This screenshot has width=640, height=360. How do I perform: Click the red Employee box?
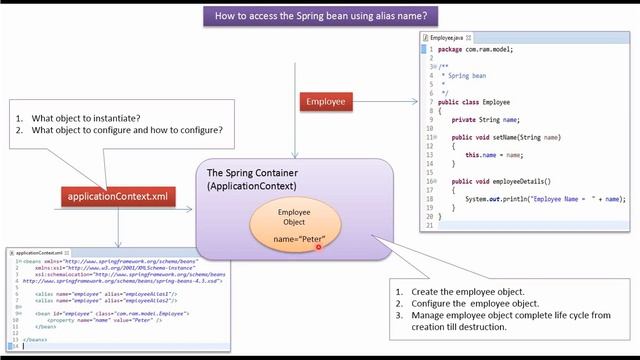[x=327, y=101]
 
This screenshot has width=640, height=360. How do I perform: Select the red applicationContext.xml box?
[x=120, y=196]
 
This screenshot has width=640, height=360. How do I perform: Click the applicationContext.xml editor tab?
[x=37, y=253]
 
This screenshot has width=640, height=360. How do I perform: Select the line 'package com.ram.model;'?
[x=477, y=48]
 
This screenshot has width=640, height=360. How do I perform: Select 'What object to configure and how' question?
[x=126, y=130]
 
